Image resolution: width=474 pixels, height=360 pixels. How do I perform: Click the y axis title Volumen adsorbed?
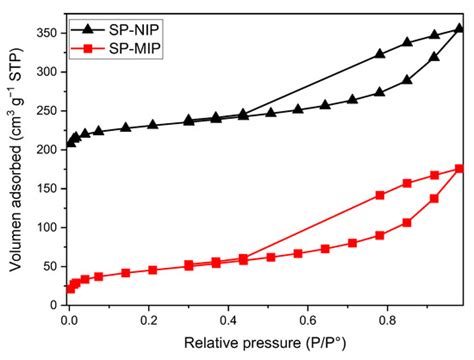pos(14,160)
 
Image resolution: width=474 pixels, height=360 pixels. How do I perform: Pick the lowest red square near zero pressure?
pos(69,288)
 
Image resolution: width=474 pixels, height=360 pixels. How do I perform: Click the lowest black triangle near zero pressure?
pos(70,143)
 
